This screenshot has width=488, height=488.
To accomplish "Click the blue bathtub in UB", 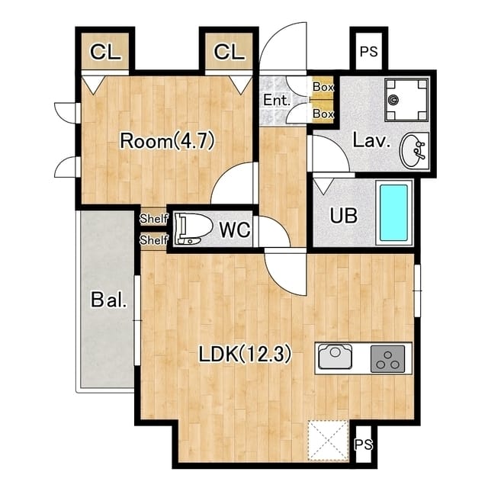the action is click(x=393, y=213).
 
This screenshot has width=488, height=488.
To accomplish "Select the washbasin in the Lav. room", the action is click(x=413, y=150).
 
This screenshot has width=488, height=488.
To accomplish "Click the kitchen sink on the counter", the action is click(x=335, y=357).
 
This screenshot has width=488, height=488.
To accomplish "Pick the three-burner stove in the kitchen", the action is click(x=387, y=358).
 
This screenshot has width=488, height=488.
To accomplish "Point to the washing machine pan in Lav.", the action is click(x=406, y=100).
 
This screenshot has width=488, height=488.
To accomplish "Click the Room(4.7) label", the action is click(x=167, y=141).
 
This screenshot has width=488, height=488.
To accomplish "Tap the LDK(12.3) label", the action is click(x=245, y=354).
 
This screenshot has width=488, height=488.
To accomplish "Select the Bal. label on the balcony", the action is click(x=109, y=300).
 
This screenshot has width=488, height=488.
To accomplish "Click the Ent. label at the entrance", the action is click(x=277, y=100).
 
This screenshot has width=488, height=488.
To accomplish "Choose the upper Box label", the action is click(x=323, y=87).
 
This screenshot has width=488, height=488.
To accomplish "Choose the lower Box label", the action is click(x=323, y=114).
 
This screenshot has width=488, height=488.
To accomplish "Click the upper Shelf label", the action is click(x=154, y=219).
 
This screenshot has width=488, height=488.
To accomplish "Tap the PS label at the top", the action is click(x=369, y=52).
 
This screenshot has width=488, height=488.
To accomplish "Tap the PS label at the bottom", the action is click(x=364, y=445).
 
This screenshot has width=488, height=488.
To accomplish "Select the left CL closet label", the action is click(x=105, y=52).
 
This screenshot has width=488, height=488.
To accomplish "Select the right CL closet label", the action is click(x=229, y=52).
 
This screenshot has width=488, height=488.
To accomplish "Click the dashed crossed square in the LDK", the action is click(x=328, y=440).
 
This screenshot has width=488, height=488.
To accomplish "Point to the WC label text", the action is click(x=235, y=230).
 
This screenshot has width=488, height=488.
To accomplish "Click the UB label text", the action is click(x=344, y=215).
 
